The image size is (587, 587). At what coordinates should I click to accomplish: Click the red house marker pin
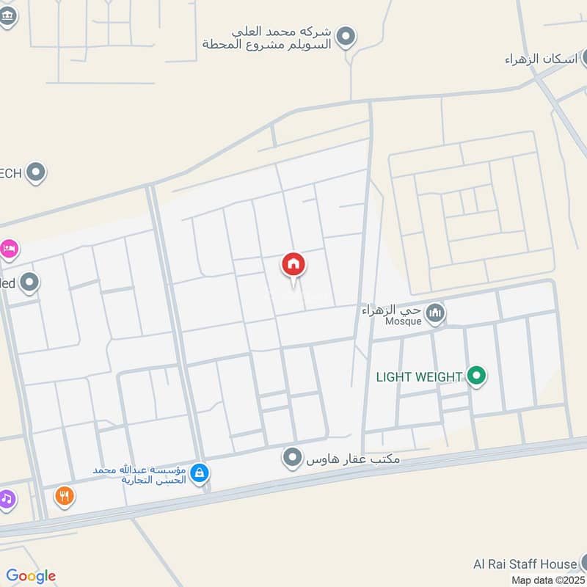point(293,265)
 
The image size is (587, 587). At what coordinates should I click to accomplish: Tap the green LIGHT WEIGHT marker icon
point(477,377)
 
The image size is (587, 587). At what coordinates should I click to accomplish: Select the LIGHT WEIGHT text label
point(419,377)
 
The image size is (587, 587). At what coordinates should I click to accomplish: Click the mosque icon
point(436,313)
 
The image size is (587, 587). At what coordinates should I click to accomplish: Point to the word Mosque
point(404,321)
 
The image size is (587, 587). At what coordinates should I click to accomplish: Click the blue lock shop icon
point(198,474)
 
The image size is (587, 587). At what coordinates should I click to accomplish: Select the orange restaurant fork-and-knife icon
point(65,497)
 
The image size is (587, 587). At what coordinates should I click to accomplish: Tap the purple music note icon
point(6,500)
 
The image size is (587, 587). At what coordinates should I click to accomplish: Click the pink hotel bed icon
point(9,249)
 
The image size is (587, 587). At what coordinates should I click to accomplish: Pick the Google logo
point(31,576)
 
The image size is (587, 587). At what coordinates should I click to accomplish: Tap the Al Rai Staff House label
point(525,564)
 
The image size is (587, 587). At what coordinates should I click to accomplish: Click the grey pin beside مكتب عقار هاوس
point(293,459)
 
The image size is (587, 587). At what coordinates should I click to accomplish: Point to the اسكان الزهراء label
point(542,59)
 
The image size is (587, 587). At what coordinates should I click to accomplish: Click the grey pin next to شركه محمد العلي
point(346,35)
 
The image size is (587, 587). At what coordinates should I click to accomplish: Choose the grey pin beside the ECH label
point(35,173)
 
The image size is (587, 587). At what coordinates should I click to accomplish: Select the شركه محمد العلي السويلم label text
point(267,38)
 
